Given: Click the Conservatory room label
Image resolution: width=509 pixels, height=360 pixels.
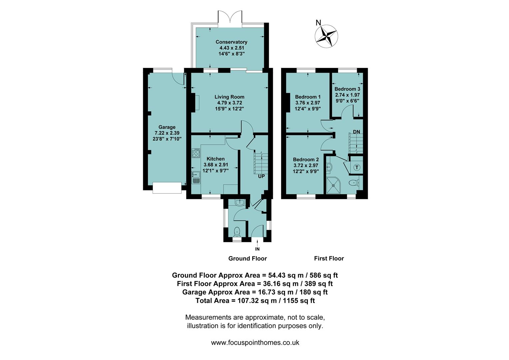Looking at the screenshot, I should (231, 42).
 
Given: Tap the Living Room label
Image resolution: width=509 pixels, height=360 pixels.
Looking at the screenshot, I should (229, 97).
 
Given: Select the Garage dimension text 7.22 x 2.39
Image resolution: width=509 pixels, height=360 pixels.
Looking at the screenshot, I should (167, 133).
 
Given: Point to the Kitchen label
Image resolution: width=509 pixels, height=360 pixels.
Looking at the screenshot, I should (216, 159).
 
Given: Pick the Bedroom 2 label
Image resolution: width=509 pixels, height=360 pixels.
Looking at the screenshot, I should (306, 160).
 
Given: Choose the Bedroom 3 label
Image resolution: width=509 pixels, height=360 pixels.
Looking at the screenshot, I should (347, 89).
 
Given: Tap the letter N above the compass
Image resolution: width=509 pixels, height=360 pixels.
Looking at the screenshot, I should (318, 23).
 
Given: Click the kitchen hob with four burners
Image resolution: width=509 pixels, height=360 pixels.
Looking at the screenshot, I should (196, 153).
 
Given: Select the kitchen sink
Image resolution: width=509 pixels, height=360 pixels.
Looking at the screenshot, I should (196, 177).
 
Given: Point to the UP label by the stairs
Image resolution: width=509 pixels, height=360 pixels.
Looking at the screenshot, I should (261, 176).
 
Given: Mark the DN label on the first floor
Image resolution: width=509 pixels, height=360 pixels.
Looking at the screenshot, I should (356, 132).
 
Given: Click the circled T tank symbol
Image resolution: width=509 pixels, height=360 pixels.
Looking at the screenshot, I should (357, 167).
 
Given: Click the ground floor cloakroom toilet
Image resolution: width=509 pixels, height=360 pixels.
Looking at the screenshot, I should (237, 231).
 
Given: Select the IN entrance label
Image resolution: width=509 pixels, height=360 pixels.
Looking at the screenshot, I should (257, 249).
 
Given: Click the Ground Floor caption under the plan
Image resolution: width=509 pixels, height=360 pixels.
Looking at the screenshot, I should (248, 258).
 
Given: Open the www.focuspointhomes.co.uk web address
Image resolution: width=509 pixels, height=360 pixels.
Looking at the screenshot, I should (255, 343).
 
